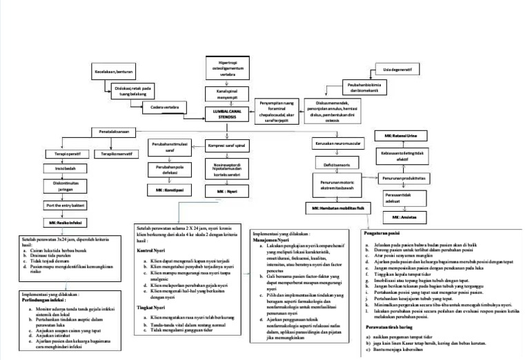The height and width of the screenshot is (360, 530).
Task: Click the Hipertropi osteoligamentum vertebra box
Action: click(228, 68)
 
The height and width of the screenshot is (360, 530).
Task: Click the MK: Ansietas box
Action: click(405, 216)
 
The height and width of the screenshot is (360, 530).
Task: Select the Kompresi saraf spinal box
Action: click(228, 145)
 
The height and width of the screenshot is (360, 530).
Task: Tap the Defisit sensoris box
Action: click(337, 165)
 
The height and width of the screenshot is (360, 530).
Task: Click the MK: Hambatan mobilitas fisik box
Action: click(337, 207)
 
